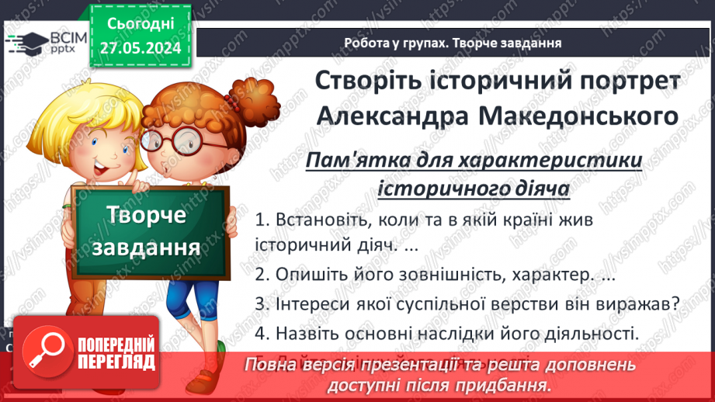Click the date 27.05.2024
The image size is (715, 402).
tap(141, 49)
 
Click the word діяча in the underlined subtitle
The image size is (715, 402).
tap(540, 187)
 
